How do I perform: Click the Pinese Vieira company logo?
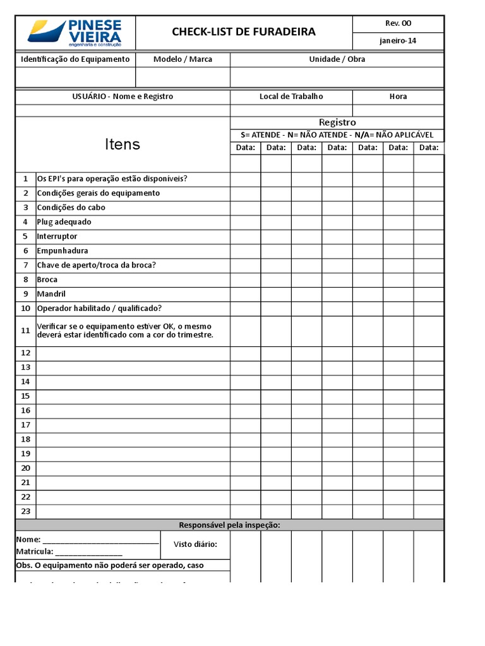(75, 32)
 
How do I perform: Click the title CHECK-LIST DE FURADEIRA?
(244, 32)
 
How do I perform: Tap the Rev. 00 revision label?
(398, 23)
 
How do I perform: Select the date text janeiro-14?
(398, 42)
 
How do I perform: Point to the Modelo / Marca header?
(183, 59)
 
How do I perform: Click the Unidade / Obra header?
(337, 59)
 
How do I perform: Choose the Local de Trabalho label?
(291, 97)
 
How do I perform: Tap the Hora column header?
(398, 97)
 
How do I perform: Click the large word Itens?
(123, 144)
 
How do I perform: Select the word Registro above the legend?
(337, 122)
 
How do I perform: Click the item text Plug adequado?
(64, 222)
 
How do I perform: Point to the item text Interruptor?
(57, 237)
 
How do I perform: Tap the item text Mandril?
(51, 294)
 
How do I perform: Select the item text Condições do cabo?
(71, 208)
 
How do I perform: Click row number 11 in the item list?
(25, 331)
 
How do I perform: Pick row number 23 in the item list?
(25, 511)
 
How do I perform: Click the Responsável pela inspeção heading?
(229, 525)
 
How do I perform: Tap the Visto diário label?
(196, 544)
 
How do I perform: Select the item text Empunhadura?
(62, 251)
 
